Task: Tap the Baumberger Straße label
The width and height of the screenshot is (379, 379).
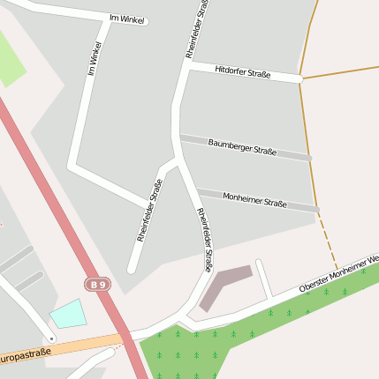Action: [242, 146]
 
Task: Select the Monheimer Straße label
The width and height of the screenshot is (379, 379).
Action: [254, 200]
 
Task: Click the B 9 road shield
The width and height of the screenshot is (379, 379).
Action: [97, 284]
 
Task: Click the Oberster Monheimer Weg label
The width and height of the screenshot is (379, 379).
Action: [339, 274]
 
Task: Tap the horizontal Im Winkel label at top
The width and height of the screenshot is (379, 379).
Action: [125, 18]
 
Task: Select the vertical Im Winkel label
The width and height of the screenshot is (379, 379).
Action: [95, 56]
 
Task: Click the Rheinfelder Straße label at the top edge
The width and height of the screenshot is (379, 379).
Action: [199, 28]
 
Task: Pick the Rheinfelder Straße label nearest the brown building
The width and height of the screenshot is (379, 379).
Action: [204, 239]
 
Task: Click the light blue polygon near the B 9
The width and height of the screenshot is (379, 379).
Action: [69, 314]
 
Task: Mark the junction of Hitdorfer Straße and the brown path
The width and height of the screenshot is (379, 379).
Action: [301, 79]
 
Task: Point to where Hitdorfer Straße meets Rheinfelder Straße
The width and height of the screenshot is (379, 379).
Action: [186, 67]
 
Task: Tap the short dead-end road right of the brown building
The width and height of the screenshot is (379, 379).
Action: [263, 277]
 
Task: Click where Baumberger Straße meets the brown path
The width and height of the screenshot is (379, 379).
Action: [311, 159]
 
